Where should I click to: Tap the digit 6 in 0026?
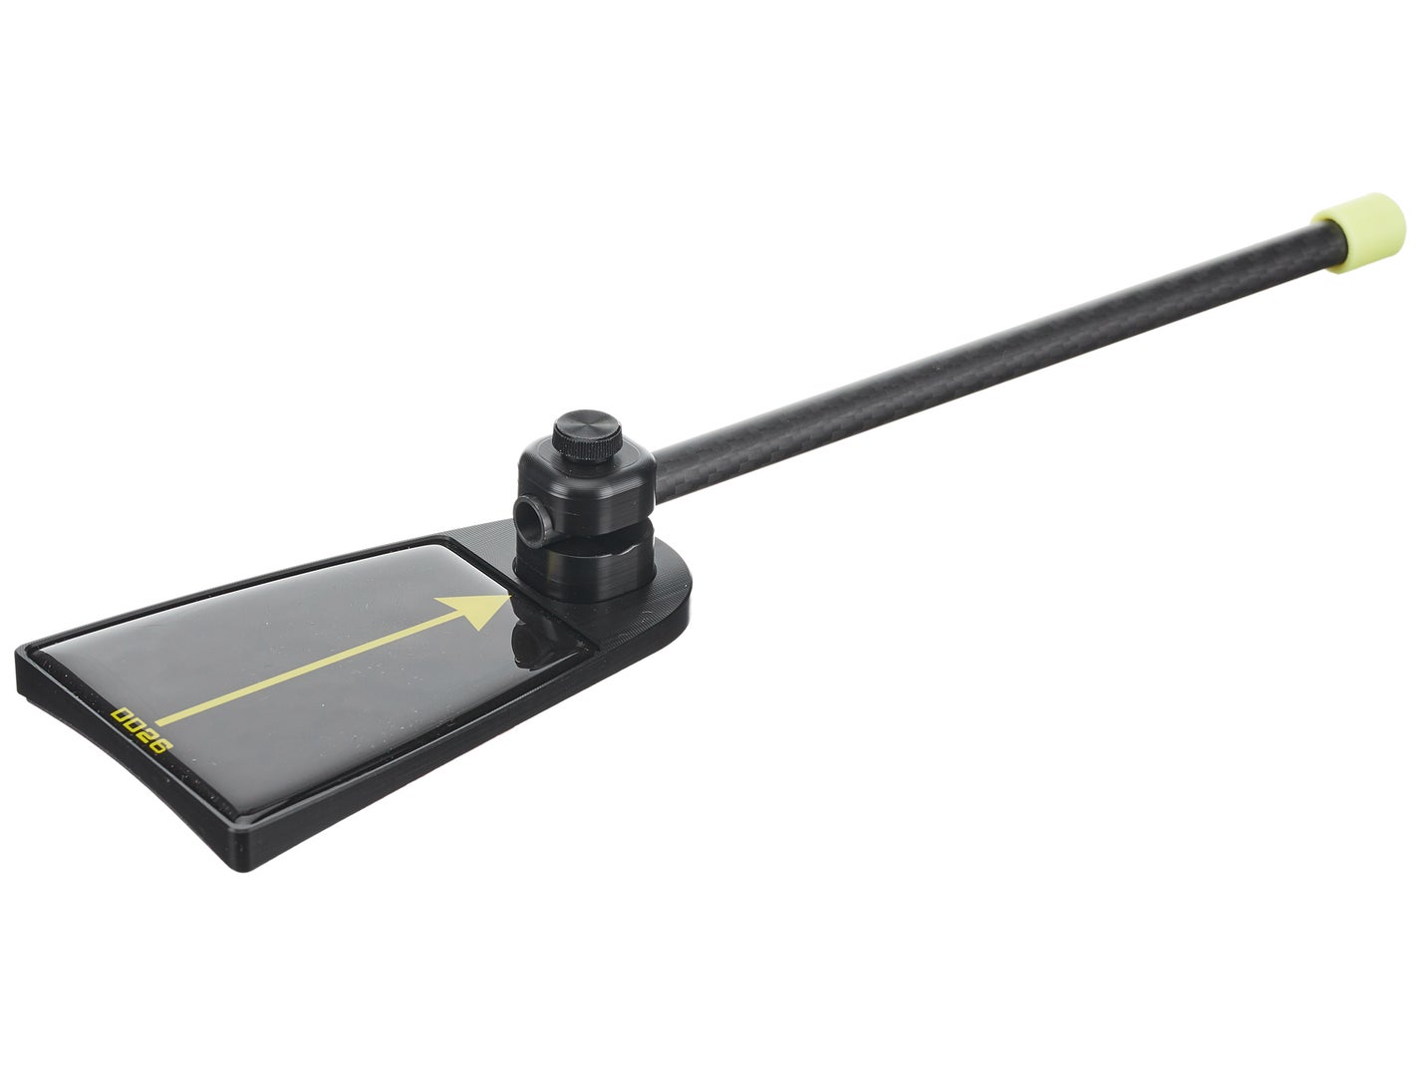coord(160,744)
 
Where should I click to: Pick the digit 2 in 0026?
coord(147,735)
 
